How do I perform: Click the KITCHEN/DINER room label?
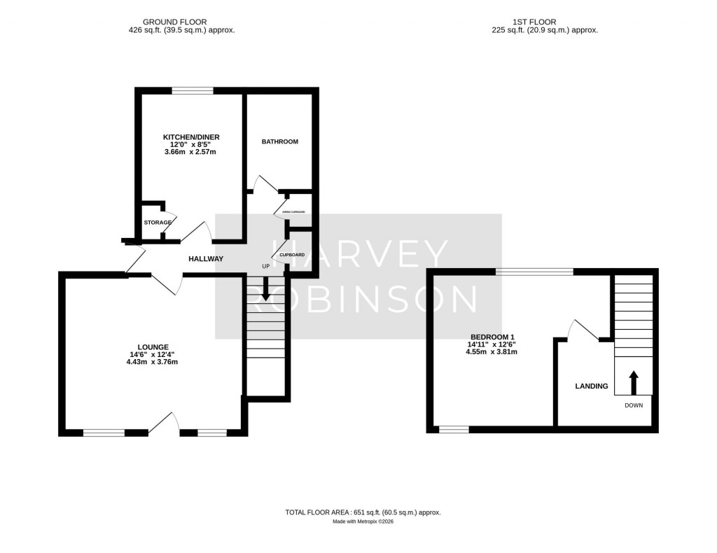(189, 136)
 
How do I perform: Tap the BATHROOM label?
(279, 141)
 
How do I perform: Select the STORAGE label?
(158, 223)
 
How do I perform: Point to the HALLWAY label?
(206, 259)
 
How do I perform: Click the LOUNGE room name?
(153, 346)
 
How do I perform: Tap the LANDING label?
(592, 386)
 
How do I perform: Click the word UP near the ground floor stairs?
(265, 267)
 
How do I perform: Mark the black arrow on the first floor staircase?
(634, 382)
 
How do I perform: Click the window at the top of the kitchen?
(193, 90)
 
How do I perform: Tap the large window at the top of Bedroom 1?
(534, 272)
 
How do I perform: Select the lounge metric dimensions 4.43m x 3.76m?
(153, 362)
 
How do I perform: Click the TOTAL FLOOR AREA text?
(363, 512)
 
